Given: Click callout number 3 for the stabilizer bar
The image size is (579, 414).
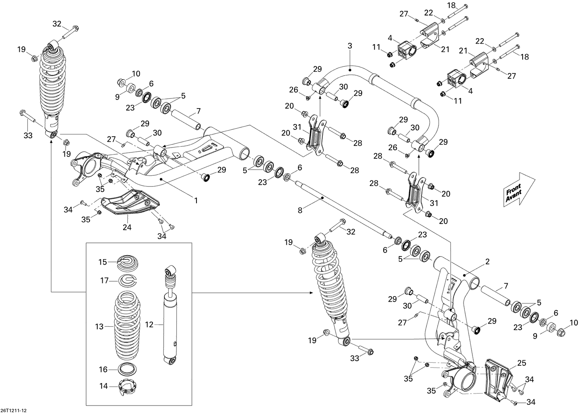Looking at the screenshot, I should coord(350,46).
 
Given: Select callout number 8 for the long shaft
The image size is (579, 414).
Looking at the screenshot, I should coord(300,210).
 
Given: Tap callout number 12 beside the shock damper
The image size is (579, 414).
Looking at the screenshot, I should coord(149,325).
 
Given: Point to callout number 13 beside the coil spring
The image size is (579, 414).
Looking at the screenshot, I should coord(99,327).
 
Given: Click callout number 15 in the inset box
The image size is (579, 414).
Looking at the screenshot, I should coord(102,262).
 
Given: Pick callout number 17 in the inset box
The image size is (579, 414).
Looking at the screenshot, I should coord(104,281).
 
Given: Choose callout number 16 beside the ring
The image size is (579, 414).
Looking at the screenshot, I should coord(103,370).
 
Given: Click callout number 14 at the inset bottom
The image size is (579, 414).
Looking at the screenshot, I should coord(103,386).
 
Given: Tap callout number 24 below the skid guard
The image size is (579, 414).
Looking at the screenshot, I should coord(127,227).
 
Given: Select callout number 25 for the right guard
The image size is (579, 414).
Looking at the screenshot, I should coord(521,363).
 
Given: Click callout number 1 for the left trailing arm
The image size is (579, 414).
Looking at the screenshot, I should coord(196,200).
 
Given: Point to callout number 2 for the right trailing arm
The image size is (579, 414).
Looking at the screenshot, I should coord(487,262).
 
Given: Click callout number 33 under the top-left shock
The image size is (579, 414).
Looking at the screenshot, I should coord(28,136).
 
